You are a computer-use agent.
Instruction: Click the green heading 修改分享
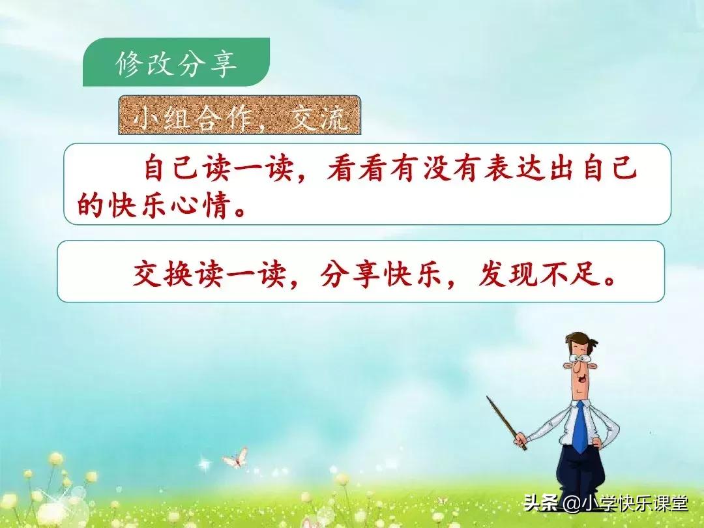(x=176, y=63)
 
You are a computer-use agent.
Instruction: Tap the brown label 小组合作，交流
(x=239, y=117)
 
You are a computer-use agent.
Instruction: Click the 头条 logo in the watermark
(x=538, y=503)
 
